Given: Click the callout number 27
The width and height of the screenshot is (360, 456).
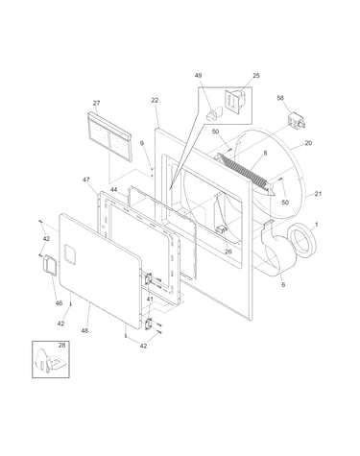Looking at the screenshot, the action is [96, 103].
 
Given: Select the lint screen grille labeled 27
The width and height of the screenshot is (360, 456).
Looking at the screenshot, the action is [108, 136].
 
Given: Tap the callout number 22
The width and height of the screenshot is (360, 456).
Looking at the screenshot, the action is [155, 100].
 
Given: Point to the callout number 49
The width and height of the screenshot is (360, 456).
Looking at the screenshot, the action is [198, 76].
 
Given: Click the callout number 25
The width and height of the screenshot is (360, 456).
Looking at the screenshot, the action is [256, 76].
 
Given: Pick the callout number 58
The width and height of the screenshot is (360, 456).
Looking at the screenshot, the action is [280, 98].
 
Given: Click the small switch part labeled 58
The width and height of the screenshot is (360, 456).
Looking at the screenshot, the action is [297, 121].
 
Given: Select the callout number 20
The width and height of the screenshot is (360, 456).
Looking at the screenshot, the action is [308, 143].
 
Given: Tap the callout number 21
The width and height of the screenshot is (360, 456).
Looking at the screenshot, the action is [318, 194].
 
